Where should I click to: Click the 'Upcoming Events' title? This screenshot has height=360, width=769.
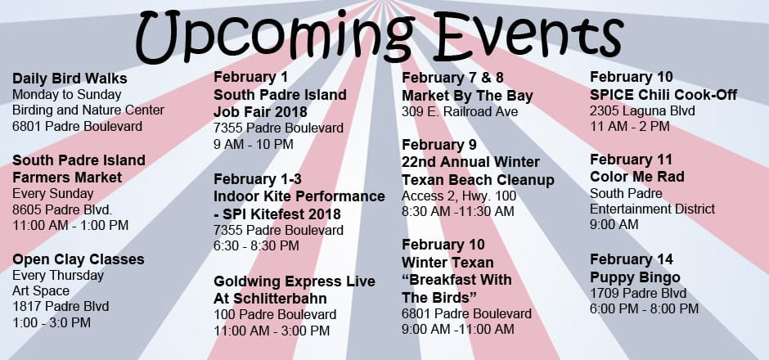click(x=379, y=34)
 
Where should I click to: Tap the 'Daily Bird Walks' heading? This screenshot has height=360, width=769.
click(x=70, y=79)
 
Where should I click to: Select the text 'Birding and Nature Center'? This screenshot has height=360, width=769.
click(x=88, y=110)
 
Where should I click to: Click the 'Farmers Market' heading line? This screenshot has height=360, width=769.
click(x=67, y=177)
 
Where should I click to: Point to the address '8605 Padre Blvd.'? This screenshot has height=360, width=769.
click(x=62, y=209)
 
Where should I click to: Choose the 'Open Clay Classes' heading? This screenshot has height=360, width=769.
click(x=79, y=259)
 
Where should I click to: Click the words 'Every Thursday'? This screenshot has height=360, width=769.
click(x=58, y=276)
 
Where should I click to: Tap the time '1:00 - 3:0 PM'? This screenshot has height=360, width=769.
click(x=52, y=322)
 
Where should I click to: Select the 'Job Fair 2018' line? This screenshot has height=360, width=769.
click(x=260, y=112)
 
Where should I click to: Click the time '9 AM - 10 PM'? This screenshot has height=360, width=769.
click(x=254, y=145)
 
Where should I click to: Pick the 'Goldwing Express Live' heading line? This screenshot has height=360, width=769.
click(x=295, y=281)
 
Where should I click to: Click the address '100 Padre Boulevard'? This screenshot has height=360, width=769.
click(x=275, y=314)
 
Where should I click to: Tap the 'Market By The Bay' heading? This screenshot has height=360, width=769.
click(x=467, y=96)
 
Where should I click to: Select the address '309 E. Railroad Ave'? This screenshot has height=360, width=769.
click(x=460, y=112)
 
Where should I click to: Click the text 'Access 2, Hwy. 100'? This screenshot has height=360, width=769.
click(x=459, y=196)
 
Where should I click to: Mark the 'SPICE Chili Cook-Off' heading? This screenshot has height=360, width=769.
click(x=663, y=95)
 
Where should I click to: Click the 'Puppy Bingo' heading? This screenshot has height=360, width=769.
click(x=635, y=278)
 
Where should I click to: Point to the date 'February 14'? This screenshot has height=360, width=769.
click(x=632, y=259)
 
